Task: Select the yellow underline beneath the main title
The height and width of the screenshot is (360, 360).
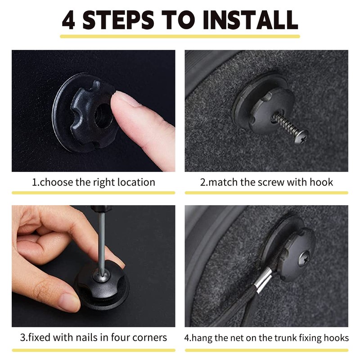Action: tap(180, 36)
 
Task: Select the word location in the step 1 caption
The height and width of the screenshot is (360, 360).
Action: tap(136, 182)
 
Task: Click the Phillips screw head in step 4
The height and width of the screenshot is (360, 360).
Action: tap(305, 257)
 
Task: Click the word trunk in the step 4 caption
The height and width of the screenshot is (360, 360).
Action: tap(287, 338)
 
